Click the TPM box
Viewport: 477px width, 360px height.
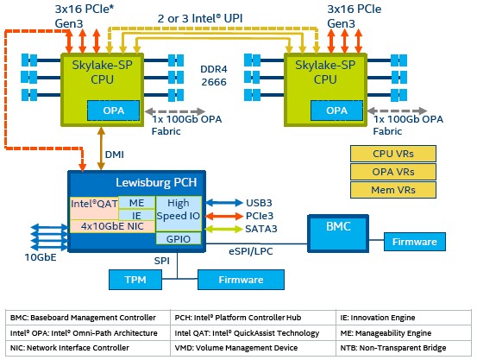pos(135,280)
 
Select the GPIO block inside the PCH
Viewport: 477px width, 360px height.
pos(179,238)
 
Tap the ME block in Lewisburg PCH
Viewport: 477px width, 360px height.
pos(136,203)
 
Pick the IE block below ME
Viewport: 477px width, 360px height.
pos(136,215)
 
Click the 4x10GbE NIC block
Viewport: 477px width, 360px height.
pos(112,226)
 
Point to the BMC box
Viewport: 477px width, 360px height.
pos(338,234)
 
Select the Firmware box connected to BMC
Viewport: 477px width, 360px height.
pos(415,242)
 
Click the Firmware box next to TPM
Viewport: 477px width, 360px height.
pos(241,280)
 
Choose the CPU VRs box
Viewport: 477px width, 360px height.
pos(393,154)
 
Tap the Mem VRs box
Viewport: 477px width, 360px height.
pos(393,190)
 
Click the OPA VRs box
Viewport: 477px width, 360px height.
pos(393,172)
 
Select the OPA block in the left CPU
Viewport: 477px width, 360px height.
pos(114,111)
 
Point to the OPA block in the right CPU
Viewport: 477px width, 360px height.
pos(336,111)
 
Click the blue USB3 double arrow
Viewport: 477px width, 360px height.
pos(224,203)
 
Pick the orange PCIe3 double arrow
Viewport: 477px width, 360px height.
pos(224,216)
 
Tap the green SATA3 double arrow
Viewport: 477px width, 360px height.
pos(224,229)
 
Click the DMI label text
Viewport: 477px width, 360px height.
pos(115,155)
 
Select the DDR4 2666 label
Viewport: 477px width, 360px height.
pos(214,75)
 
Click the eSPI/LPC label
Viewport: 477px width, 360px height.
pos(251,251)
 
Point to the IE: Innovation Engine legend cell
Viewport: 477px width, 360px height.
pos(378,318)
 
